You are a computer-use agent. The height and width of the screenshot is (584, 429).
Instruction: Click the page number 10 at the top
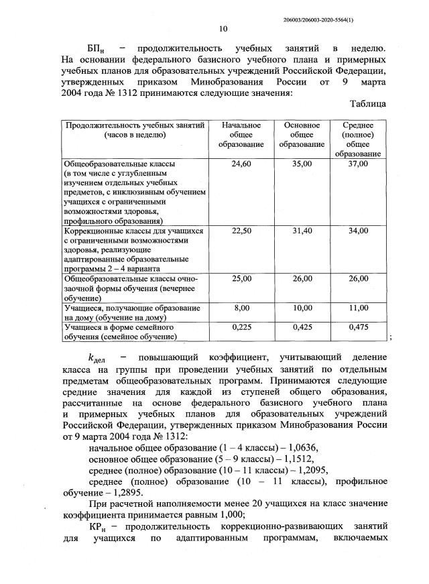[223, 28]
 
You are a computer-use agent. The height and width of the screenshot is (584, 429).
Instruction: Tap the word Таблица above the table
[367, 104]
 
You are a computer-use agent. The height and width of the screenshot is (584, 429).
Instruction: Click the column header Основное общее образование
[302, 135]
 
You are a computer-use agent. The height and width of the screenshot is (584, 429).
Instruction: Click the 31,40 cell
[302, 231]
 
